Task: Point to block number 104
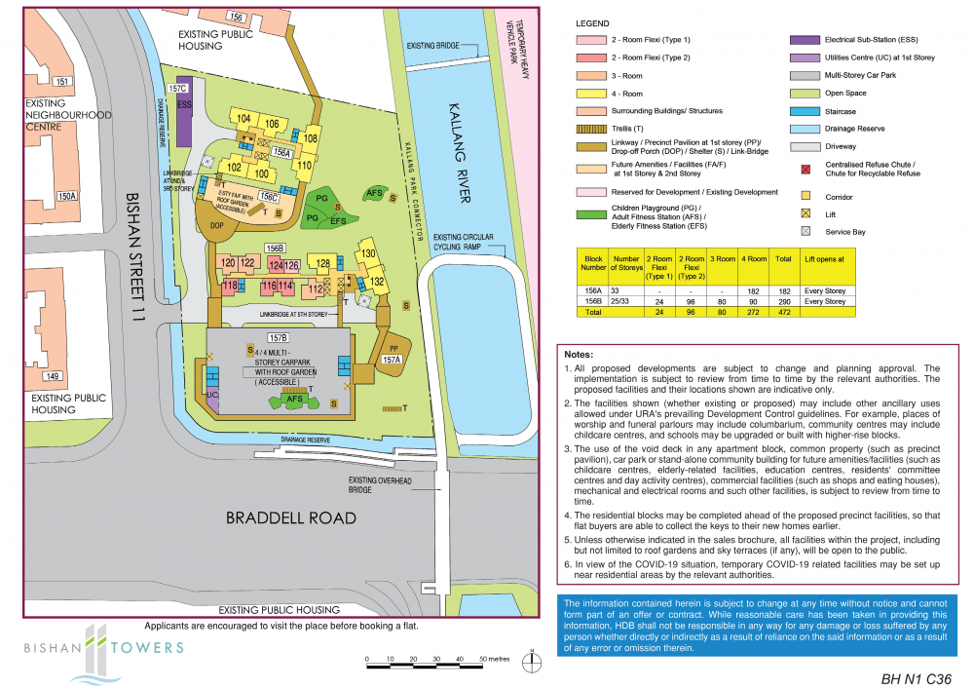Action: click(x=243, y=119)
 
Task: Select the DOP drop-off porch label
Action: click(x=216, y=222)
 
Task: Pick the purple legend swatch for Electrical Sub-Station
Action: click(x=805, y=41)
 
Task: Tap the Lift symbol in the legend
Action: click(x=805, y=213)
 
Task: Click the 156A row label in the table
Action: click(x=593, y=290)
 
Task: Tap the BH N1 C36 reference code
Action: click(x=915, y=677)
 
